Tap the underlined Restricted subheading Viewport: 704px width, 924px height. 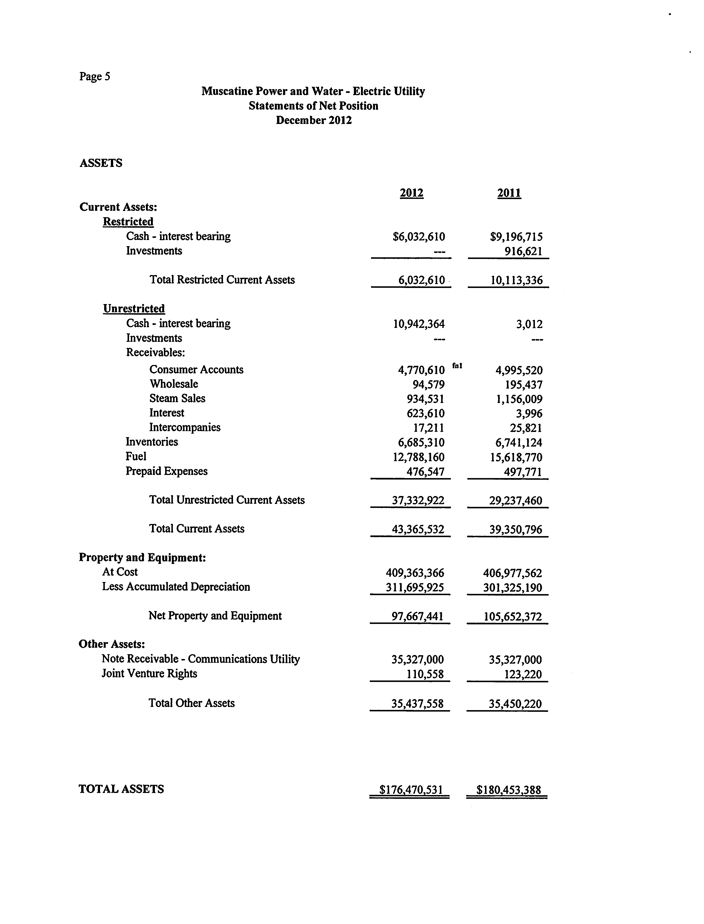128,222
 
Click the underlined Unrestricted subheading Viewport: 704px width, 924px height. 134,309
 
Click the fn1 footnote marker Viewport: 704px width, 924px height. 457,366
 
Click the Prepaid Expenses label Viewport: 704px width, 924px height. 166,471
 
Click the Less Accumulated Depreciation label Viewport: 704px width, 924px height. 176,587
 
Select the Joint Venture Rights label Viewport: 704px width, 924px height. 149,674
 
